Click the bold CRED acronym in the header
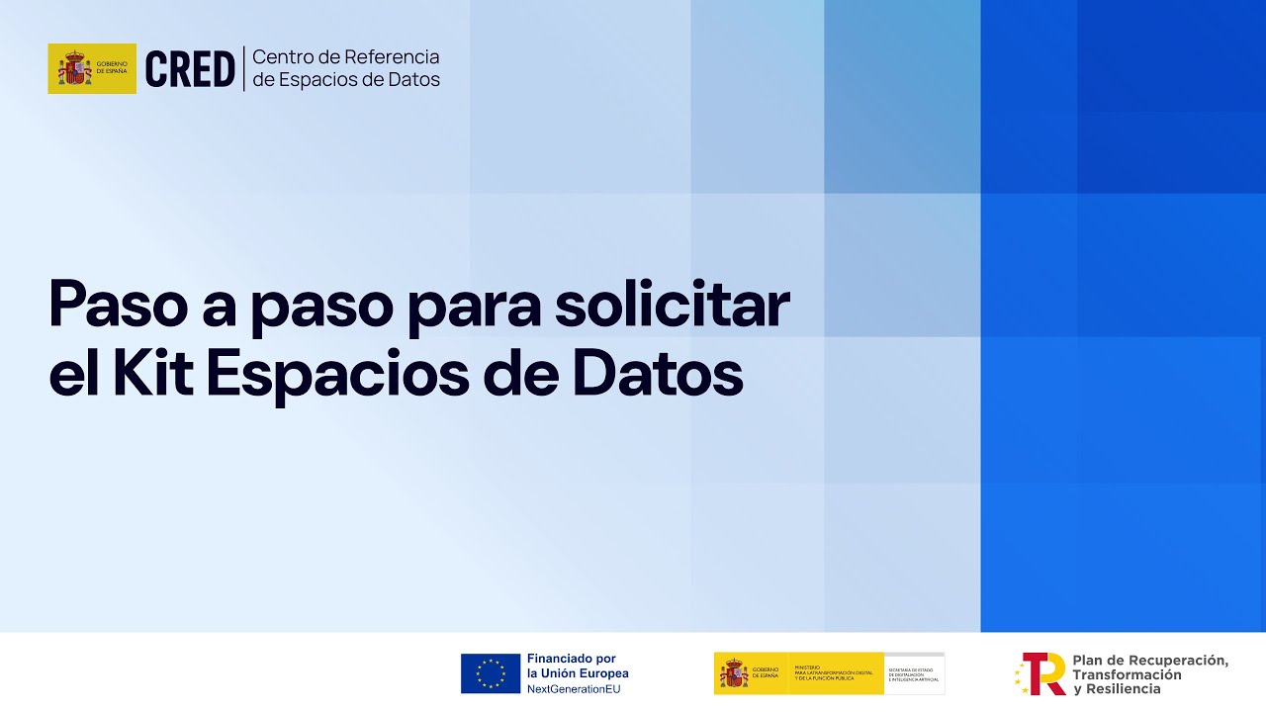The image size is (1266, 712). tap(190, 69)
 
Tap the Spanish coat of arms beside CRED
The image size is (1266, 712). tap(73, 69)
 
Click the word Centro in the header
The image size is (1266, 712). tap(281, 57)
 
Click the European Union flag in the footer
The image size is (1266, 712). tap(491, 673)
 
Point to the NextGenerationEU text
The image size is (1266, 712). tap(574, 689)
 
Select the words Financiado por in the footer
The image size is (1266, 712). tap(572, 659)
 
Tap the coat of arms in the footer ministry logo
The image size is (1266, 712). tap(734, 674)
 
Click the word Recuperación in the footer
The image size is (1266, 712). tap(1177, 660)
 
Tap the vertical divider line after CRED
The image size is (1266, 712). tap(243, 69)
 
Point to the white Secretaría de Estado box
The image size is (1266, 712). tap(914, 673)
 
